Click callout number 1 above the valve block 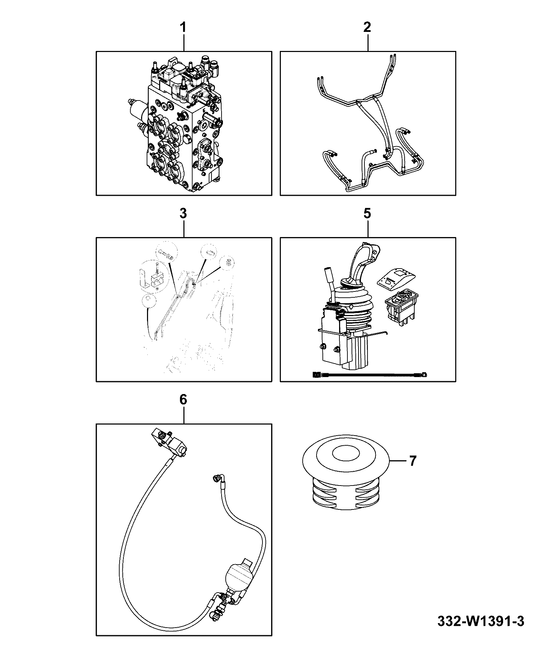click(183, 27)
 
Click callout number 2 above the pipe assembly click(368, 27)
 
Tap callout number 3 click(183, 213)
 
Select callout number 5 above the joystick click(368, 213)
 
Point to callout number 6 click(183, 399)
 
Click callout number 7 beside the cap click(412, 461)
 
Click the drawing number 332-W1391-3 click(481, 621)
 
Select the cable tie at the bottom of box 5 click(370, 375)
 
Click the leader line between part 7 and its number click(398, 461)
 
